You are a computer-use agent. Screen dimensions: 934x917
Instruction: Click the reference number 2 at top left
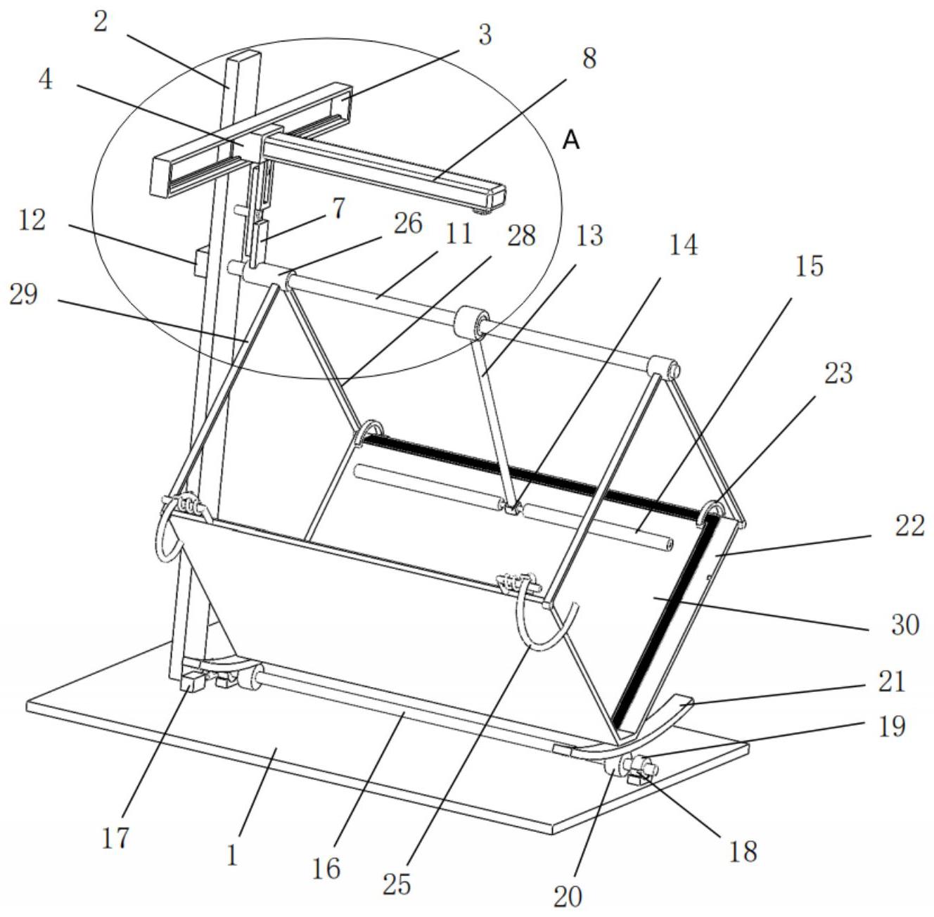(x=100, y=22)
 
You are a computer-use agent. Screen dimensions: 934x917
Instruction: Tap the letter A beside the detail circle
(x=572, y=141)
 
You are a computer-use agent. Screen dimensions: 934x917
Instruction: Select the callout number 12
(x=32, y=221)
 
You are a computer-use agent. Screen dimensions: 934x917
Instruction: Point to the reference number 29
(x=23, y=295)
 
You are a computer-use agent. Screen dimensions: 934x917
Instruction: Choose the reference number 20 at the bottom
(x=568, y=897)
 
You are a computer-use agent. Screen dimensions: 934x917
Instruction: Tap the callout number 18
(x=743, y=851)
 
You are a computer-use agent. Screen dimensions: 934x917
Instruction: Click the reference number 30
(x=905, y=624)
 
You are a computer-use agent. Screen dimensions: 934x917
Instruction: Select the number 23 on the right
(x=838, y=373)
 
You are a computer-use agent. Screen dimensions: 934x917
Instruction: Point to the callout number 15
(x=809, y=266)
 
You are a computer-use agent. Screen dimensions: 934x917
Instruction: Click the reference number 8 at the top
(x=589, y=58)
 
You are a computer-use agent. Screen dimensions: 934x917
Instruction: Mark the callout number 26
(x=408, y=224)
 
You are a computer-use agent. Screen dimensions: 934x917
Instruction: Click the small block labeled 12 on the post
(x=200, y=262)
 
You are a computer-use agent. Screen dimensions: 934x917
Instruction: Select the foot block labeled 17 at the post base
(x=193, y=684)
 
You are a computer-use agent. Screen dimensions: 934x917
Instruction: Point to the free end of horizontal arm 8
(x=497, y=195)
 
